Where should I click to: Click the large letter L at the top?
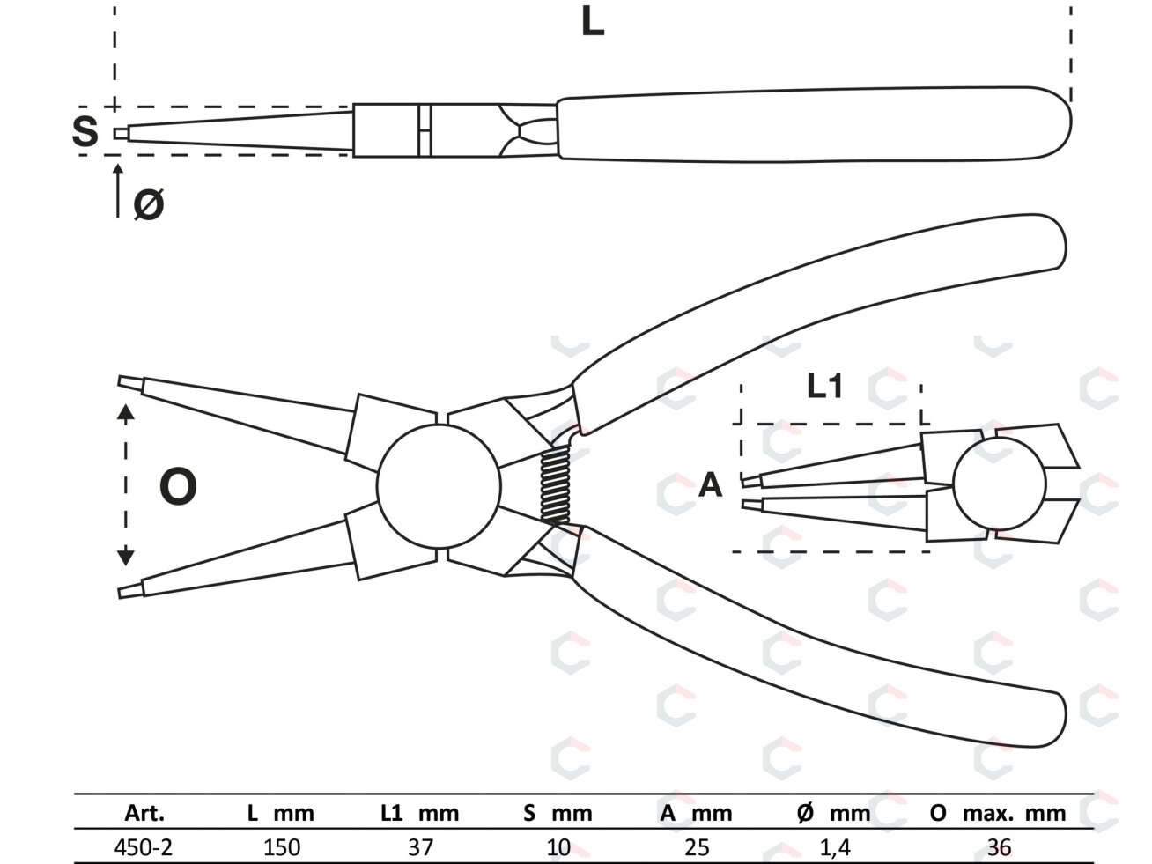593,23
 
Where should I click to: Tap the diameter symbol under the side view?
149,204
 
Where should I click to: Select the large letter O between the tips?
179,486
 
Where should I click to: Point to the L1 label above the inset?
824,386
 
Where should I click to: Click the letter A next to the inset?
711,485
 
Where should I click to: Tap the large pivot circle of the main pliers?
439,486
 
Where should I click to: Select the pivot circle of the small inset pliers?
1000,484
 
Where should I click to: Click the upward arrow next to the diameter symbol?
118,190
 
